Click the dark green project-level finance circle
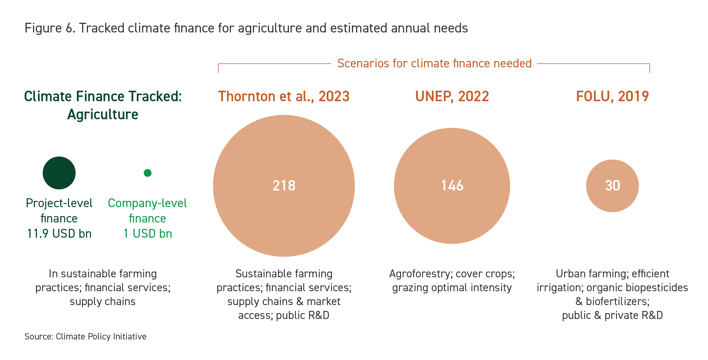coord(59,173)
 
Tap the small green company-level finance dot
coord(148,173)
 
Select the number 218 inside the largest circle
coord(284,186)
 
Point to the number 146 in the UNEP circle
coord(452,186)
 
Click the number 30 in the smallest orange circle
coord(613,186)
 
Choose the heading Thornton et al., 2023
coord(284,96)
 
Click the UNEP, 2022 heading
coord(452,96)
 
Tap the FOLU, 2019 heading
coord(613,96)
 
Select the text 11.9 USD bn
coord(59,234)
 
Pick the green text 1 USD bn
coord(148,234)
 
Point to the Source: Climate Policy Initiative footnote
coord(85,336)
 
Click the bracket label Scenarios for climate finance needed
coord(434,64)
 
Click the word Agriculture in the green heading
coord(103,115)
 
